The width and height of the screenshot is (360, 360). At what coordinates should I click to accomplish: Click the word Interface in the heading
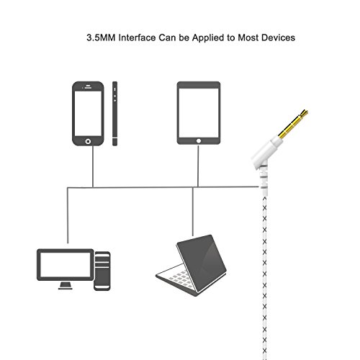coord(137,37)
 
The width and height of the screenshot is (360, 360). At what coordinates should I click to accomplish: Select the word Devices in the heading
coord(278,37)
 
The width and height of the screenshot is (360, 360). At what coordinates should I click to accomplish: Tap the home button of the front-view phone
coord(88,141)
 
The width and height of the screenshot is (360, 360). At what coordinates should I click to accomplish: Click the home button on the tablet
coord(199,141)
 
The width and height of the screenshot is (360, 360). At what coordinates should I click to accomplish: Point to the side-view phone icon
coord(114,114)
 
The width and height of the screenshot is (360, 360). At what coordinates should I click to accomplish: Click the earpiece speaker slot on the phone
coord(88,88)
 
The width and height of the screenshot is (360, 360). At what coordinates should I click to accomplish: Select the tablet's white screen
coord(199,113)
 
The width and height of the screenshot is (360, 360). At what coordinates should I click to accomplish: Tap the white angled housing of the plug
coord(266,151)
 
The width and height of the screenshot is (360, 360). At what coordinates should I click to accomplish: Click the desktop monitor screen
coord(65,265)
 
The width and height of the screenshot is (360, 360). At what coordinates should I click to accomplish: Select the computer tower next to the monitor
coord(102,271)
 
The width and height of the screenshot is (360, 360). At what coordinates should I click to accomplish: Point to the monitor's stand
coord(66,286)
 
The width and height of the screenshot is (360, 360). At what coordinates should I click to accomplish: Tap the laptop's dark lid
coord(202,264)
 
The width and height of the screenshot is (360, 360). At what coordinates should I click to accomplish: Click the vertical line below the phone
coord(93,166)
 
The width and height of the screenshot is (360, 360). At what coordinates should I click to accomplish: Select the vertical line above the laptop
coord(193,212)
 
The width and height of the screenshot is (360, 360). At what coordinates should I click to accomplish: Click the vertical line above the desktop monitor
coord(68,215)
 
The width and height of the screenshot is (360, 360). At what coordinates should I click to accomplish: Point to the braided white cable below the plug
coord(264,276)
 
